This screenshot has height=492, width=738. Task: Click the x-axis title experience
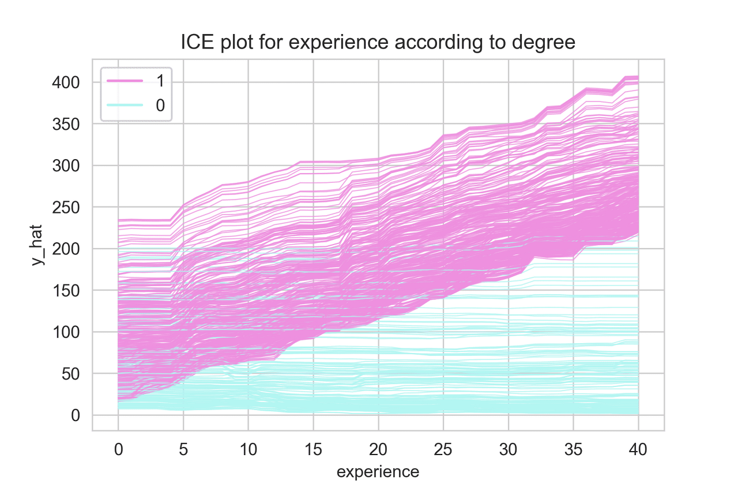pos(378,472)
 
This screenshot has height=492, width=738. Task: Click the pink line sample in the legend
pos(123,81)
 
